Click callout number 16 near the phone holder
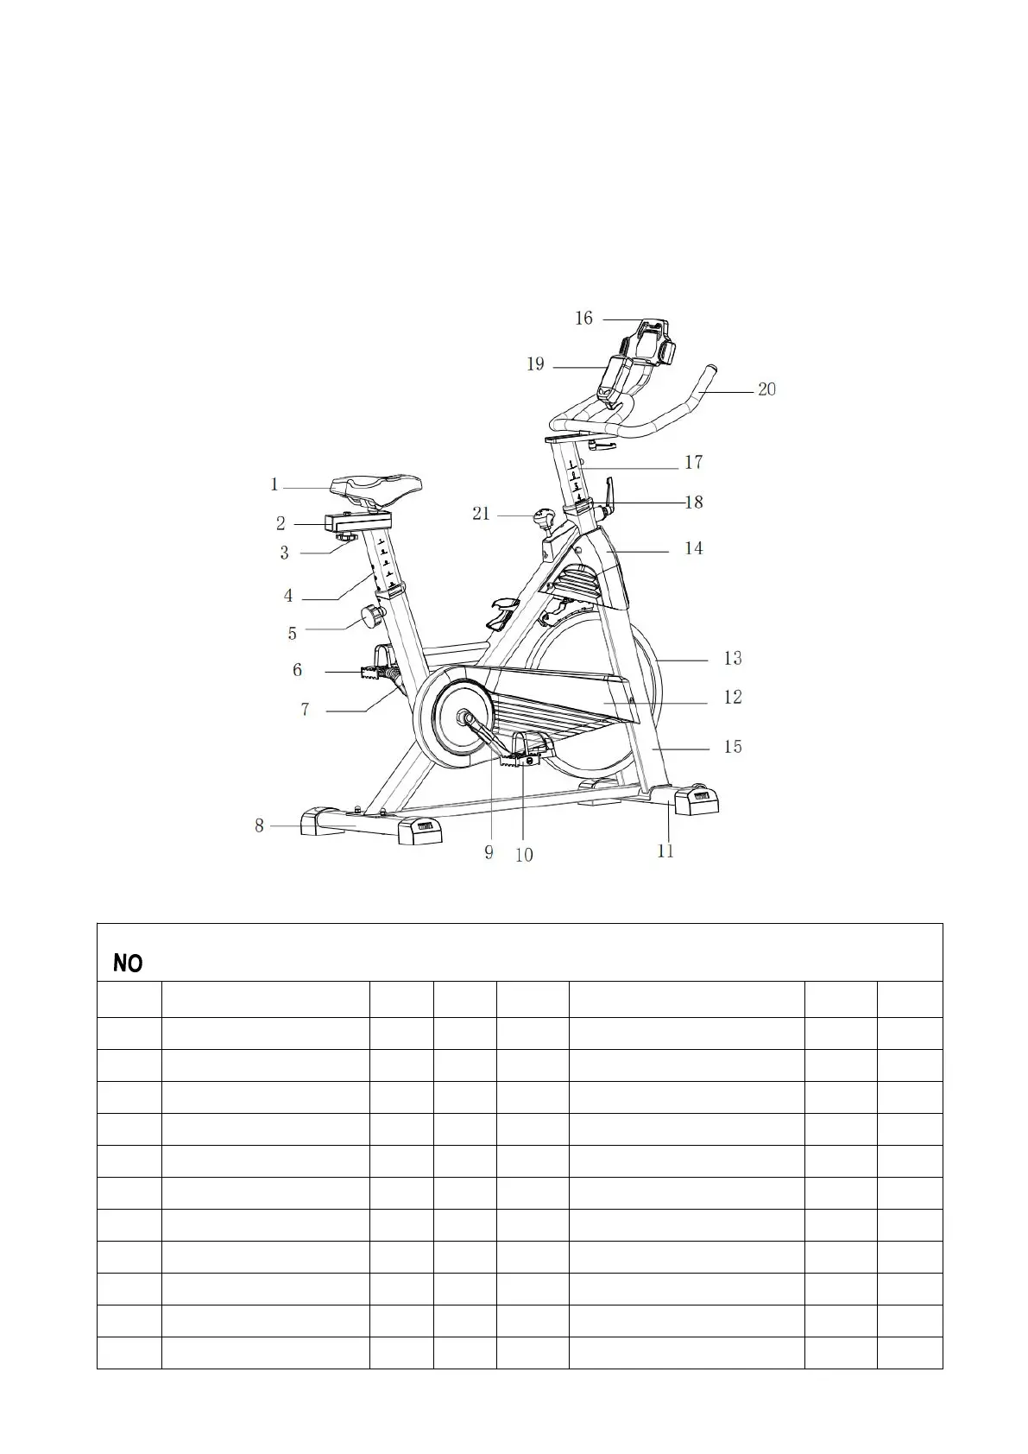coord(584,319)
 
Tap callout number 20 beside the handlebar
coord(766,389)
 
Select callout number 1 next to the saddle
coord(274,485)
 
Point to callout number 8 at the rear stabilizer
coord(259,826)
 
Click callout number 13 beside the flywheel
coord(732,659)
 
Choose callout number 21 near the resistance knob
coord(481,515)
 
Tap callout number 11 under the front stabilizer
coord(665,851)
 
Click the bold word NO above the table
coord(128,964)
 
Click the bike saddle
coord(380,489)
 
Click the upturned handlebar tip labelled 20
coord(711,372)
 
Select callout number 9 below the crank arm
coord(489,852)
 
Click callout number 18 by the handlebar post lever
coord(694,503)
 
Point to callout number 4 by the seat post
coord(289,596)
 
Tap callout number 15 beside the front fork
coord(732,747)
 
